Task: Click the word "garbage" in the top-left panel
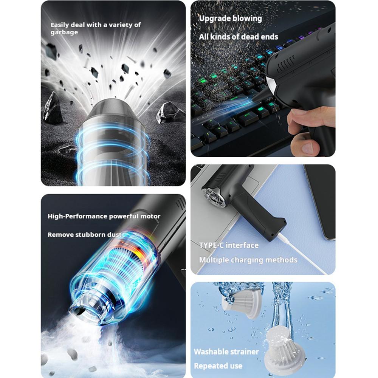coord(64,33)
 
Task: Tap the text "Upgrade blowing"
coord(230,18)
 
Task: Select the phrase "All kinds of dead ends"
coord(239,37)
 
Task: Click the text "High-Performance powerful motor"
coord(104,216)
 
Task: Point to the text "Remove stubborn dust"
coord(84,235)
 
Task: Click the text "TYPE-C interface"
coord(229,245)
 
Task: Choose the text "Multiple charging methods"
coord(248,260)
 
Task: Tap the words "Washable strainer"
coord(226,352)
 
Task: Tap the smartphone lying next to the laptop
coord(319,200)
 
